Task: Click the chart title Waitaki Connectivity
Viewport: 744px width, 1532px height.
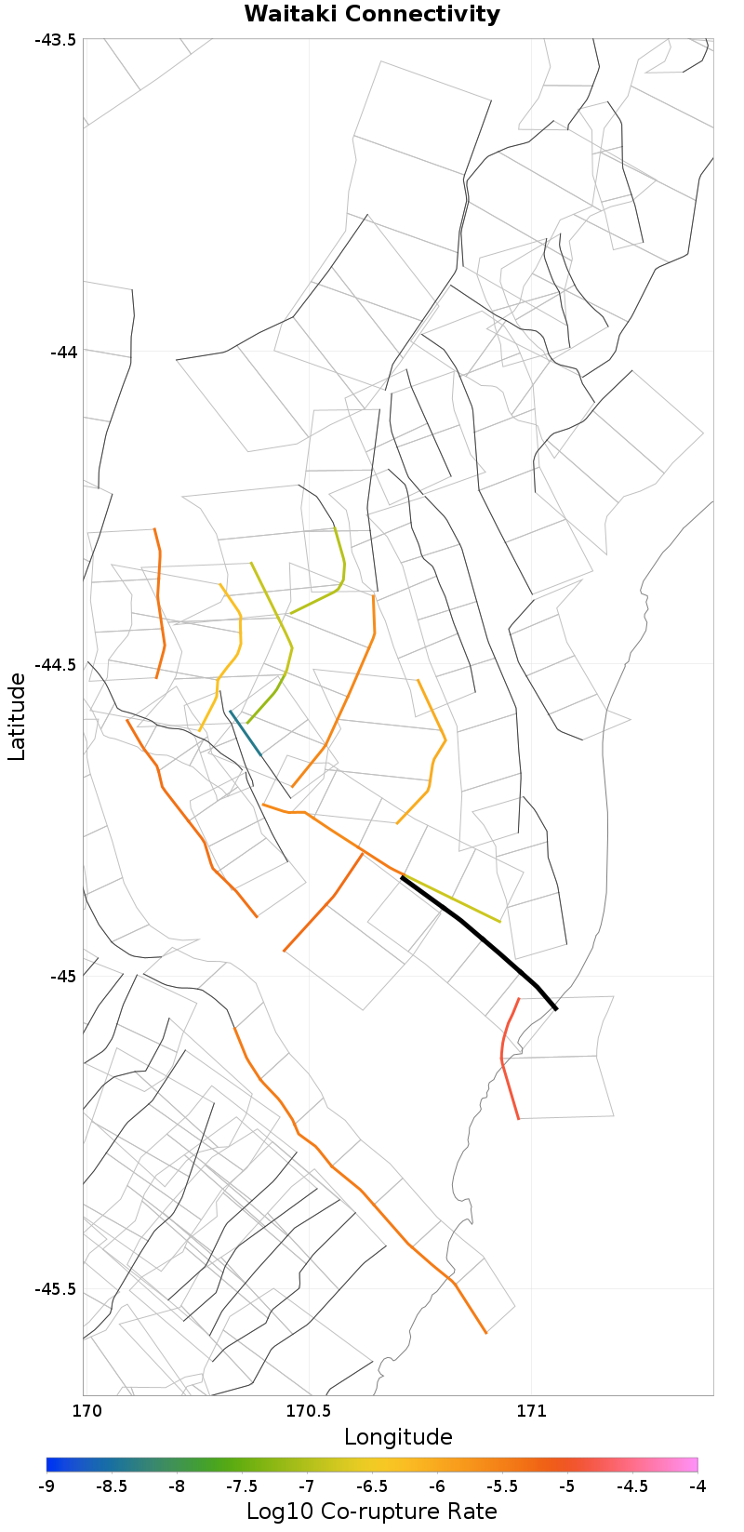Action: pos(372,15)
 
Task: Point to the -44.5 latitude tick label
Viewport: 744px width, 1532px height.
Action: pos(57,664)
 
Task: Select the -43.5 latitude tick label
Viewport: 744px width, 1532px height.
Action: pos(57,39)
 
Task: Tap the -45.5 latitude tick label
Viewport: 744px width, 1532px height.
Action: pos(57,1289)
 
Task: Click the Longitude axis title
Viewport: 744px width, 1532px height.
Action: pos(398,1437)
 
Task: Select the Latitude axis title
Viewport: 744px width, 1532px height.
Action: pos(17,717)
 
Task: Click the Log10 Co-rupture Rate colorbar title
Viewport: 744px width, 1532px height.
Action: pos(372,1512)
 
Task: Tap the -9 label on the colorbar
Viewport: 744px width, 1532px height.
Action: pos(46,1486)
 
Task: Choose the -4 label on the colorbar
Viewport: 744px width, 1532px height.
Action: pos(697,1486)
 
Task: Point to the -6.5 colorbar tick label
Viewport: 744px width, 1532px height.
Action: pos(372,1486)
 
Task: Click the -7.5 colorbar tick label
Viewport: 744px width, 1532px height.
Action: pos(242,1486)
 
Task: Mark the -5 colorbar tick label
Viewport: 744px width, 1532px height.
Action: pos(567,1486)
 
